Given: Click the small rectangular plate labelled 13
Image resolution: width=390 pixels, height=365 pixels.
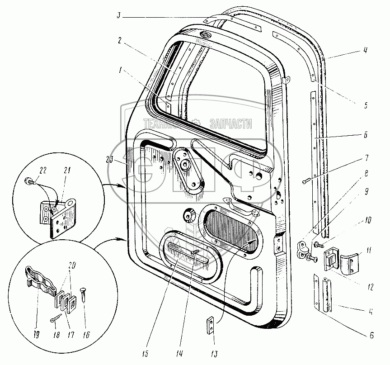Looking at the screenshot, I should tap(211, 326).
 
